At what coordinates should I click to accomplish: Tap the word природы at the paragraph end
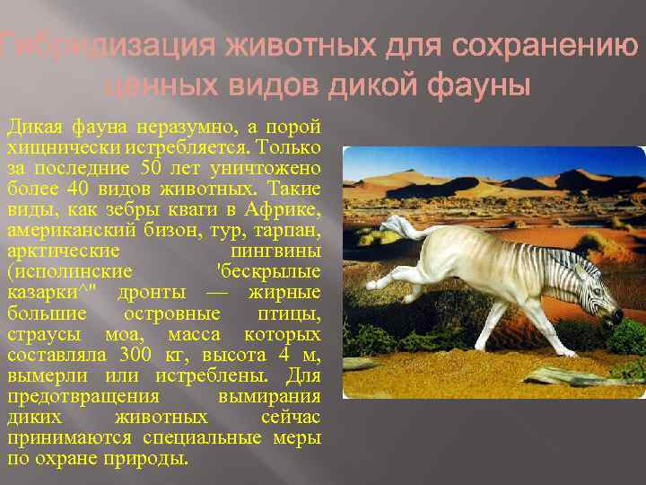157,457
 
